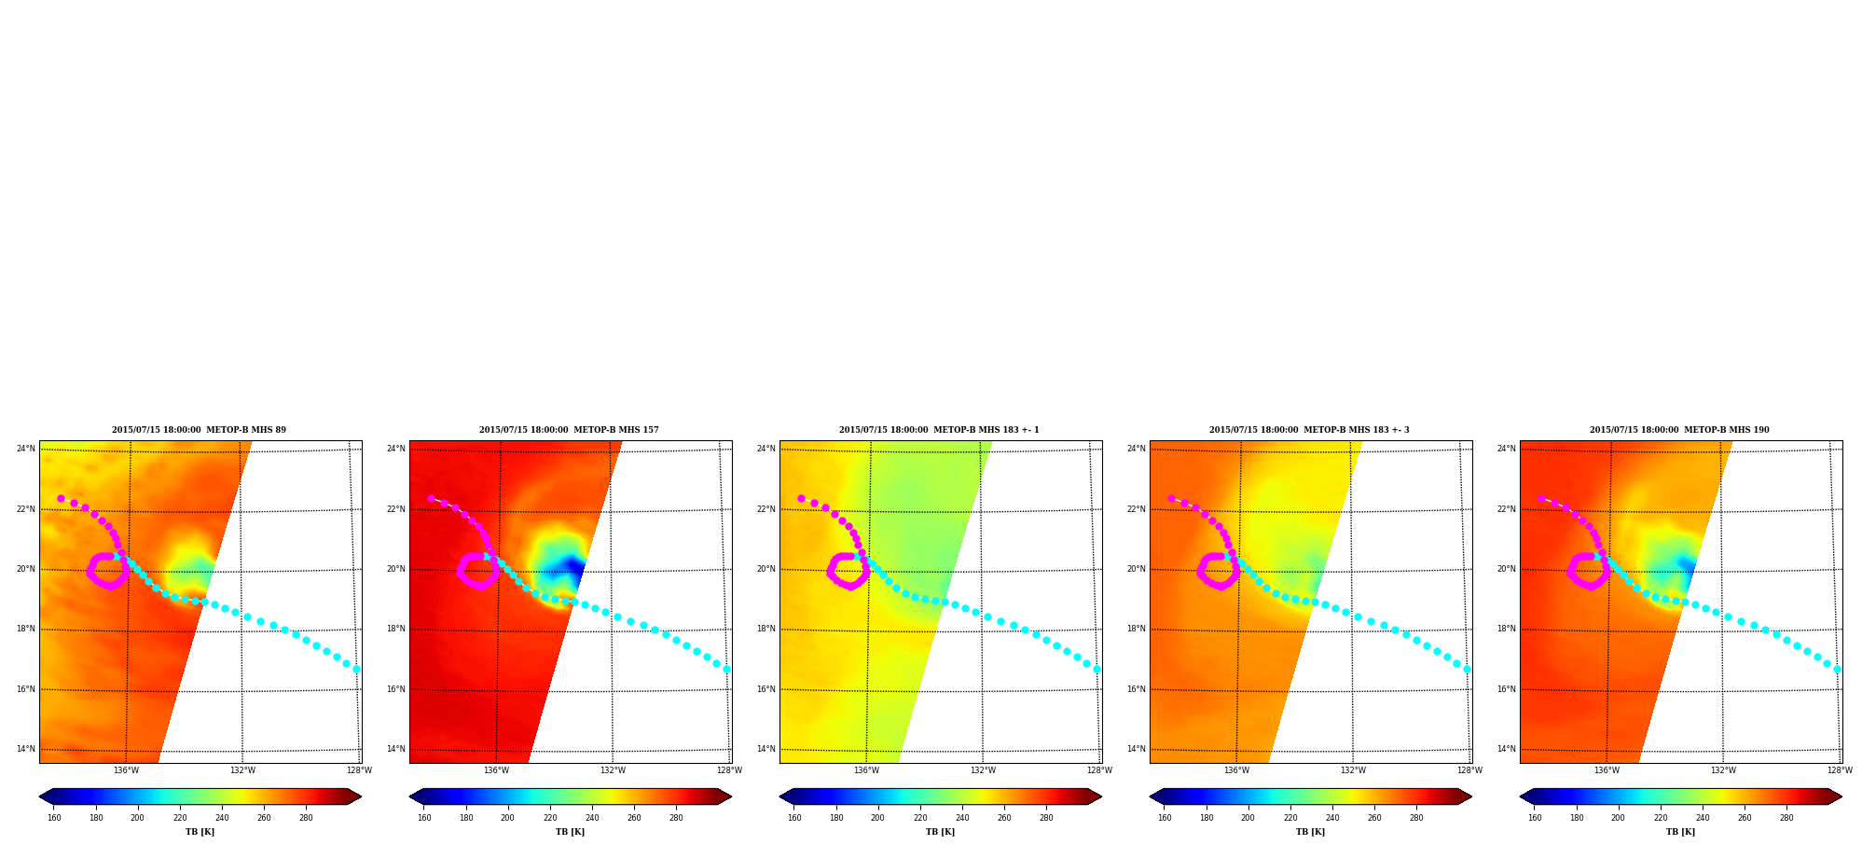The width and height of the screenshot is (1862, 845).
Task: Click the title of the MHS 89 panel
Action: pyautogui.click(x=199, y=430)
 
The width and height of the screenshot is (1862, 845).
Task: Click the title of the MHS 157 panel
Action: pyautogui.click(x=569, y=430)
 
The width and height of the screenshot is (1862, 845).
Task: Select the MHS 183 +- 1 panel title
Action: pyautogui.click(x=939, y=430)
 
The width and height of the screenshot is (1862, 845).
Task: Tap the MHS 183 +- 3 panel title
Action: pyautogui.click(x=1309, y=430)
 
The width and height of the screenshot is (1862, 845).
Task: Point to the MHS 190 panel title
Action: pyautogui.click(x=1679, y=430)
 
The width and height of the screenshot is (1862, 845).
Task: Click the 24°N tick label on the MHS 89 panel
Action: pyautogui.click(x=25, y=449)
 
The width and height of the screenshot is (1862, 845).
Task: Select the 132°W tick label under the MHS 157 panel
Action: pyautogui.click(x=613, y=770)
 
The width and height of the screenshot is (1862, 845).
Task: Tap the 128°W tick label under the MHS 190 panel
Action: pyautogui.click(x=1840, y=770)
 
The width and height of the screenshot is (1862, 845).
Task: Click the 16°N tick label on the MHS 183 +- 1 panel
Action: pyautogui.click(x=765, y=689)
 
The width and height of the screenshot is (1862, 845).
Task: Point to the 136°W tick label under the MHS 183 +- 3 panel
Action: pyautogui.click(x=1236, y=770)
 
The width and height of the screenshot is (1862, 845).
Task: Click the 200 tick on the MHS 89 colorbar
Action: pyautogui.click(x=138, y=818)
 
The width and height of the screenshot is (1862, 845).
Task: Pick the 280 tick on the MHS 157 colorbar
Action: pyautogui.click(x=676, y=818)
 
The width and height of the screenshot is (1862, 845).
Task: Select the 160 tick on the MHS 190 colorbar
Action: pyautogui.click(x=1535, y=818)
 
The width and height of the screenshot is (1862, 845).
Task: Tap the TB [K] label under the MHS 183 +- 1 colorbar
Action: pyautogui.click(x=940, y=832)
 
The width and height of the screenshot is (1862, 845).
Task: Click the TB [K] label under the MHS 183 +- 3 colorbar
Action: pyautogui.click(x=1310, y=832)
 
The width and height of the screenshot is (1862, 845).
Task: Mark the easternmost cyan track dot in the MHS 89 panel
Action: pyautogui.click(x=356, y=669)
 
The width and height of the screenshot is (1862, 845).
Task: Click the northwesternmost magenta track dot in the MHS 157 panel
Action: pyautogui.click(x=431, y=498)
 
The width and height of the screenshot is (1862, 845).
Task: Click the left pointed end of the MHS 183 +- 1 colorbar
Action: pyautogui.click(x=780, y=797)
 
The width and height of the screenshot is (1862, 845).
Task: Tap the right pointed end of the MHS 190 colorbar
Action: pyautogui.click(x=1841, y=797)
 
